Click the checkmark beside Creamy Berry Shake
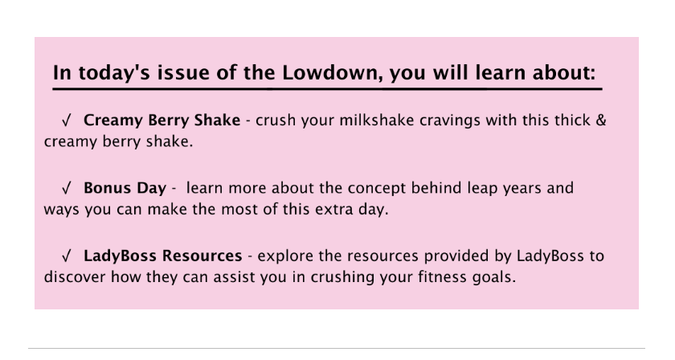coord(66,121)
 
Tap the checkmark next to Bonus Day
coord(66,188)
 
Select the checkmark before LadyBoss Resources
coord(66,256)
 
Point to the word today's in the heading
coord(114,73)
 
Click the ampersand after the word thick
coord(601,121)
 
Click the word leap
coord(508,189)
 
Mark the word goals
coord(494,278)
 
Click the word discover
coord(75,277)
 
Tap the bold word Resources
coord(202,256)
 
